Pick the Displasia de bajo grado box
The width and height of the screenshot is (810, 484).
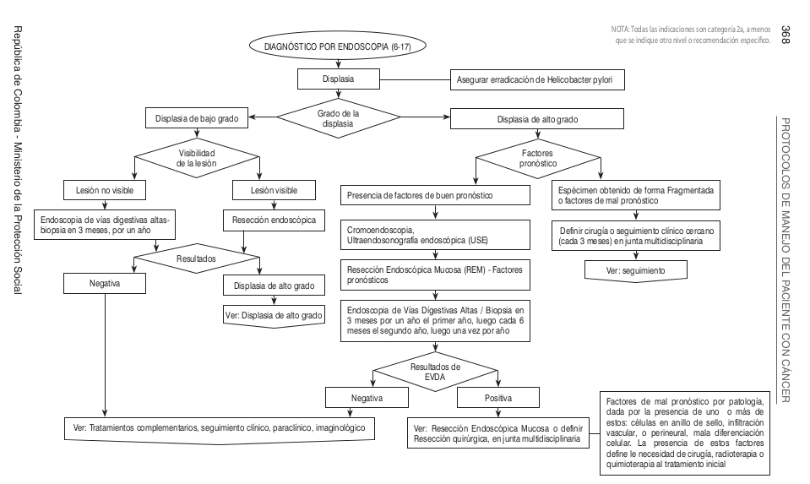195,119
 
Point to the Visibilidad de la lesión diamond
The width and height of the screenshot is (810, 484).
195,158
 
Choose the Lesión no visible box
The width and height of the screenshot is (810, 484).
108,189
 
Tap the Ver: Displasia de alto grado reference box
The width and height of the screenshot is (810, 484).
275,317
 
